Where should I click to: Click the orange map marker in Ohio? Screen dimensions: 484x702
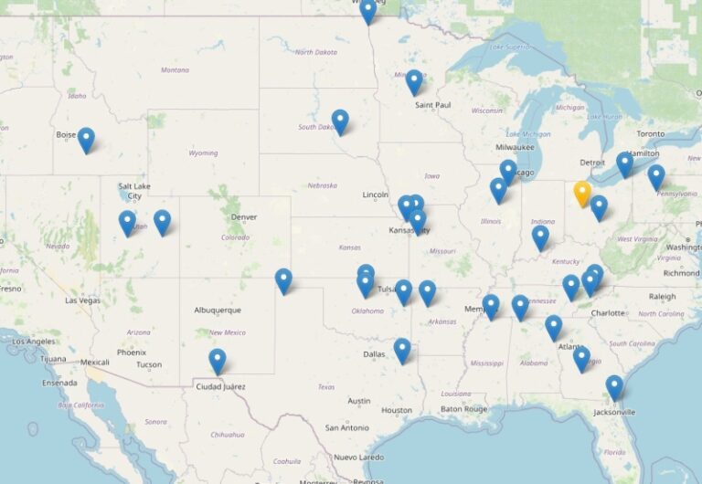click(582, 194)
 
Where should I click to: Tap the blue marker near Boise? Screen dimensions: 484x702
click(86, 139)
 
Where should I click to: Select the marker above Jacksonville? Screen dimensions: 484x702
click(614, 387)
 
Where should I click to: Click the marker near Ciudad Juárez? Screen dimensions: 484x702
click(217, 361)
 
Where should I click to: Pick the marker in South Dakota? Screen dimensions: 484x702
click(340, 121)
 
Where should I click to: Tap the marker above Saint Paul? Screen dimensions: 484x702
click(414, 81)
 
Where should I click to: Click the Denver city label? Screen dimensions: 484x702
click(244, 216)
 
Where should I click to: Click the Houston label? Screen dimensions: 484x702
click(397, 410)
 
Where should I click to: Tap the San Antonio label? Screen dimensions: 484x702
click(346, 427)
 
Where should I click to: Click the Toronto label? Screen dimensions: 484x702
click(651, 133)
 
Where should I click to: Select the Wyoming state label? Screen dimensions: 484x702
click(202, 153)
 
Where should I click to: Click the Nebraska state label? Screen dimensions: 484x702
click(323, 185)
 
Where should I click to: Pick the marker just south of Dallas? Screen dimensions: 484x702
click(402, 350)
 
